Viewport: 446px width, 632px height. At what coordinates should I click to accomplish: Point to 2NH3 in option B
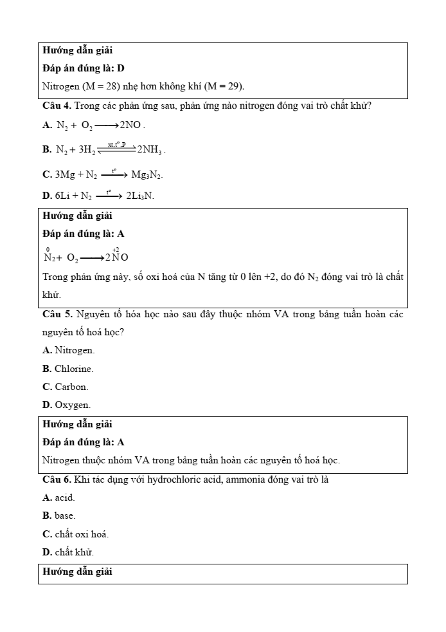(151, 150)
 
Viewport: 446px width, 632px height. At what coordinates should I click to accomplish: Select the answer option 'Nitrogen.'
(75, 351)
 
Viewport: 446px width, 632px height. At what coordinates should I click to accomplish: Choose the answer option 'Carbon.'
(71, 387)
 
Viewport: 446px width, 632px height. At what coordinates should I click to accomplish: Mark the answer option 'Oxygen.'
(73, 405)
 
